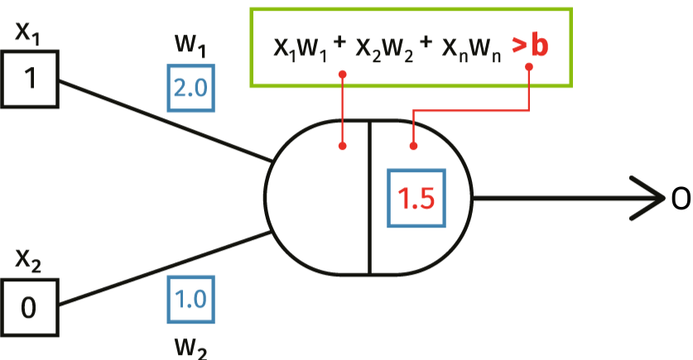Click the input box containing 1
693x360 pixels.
tap(30, 79)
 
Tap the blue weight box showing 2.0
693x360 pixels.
tap(190, 89)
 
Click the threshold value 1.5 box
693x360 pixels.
tap(416, 199)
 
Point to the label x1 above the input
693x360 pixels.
tap(29, 35)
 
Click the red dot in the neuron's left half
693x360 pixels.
tap(342, 147)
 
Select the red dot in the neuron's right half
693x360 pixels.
tap(414, 147)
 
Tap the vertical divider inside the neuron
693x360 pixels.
tap(369, 199)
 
